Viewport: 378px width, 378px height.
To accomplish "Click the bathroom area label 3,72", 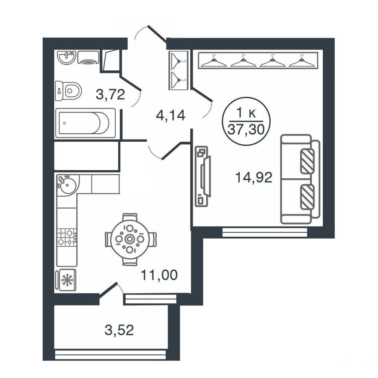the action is [x=110, y=94].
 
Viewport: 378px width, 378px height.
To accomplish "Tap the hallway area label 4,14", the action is [x=170, y=115].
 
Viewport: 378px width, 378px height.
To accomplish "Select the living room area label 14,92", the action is [x=253, y=178].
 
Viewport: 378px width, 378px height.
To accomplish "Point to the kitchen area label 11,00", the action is [x=159, y=275].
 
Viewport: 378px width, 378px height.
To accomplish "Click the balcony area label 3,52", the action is [x=119, y=330].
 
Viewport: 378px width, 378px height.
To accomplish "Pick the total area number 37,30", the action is [x=246, y=130].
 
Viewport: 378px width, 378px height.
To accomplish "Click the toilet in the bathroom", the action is [x=68, y=91].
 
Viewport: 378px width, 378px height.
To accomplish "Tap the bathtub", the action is [x=85, y=123].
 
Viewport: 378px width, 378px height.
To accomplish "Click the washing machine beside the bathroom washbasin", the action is [x=88, y=57].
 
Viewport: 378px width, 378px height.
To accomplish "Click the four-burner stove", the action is [x=67, y=237].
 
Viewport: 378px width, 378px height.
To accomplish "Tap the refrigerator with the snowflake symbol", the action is [x=65, y=280].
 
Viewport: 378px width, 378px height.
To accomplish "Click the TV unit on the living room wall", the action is [x=203, y=176].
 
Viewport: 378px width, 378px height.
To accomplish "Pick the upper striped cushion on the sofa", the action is [x=307, y=161].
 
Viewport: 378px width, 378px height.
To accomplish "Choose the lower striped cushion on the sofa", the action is [x=307, y=196].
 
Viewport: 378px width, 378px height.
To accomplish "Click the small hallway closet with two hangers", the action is [x=178, y=71].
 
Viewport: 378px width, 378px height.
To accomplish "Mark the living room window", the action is [x=265, y=232].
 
